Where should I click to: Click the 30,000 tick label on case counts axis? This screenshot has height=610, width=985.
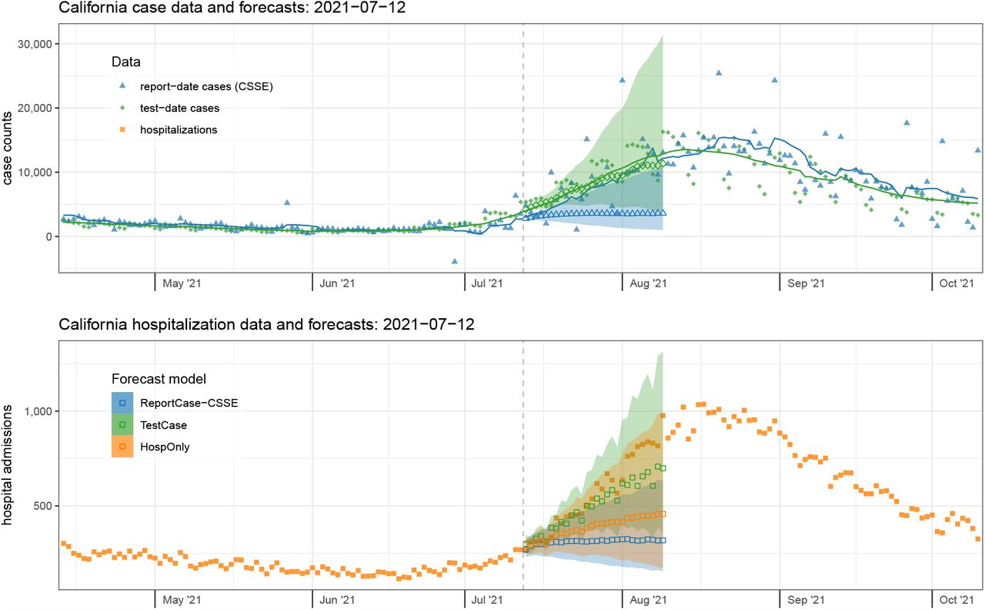click(35, 44)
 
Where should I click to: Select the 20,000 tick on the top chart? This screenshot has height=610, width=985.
click(35, 109)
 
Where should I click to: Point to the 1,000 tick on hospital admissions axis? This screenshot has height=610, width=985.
click(38, 411)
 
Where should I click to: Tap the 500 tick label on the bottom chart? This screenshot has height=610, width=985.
click(43, 506)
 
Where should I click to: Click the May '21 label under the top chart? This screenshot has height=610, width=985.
click(182, 283)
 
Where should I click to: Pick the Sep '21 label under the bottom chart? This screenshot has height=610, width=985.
click(806, 600)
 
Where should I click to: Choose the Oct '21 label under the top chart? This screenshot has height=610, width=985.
click(957, 283)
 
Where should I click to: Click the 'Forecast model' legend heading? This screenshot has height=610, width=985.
click(159, 379)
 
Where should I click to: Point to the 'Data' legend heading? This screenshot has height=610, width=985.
click(125, 62)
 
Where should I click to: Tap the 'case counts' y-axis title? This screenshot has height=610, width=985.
click(7, 148)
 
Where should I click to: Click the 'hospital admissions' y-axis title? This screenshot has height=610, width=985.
click(7, 465)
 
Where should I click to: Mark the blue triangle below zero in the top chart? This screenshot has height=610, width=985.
click(455, 261)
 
